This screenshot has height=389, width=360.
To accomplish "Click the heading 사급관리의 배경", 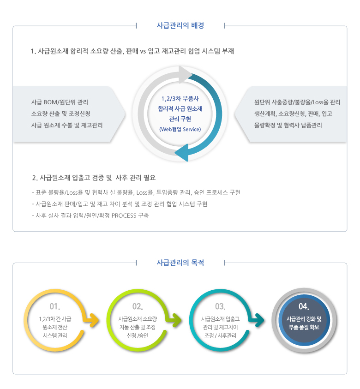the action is click(x=180, y=25).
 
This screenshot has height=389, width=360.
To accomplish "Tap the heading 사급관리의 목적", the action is click(x=180, y=263).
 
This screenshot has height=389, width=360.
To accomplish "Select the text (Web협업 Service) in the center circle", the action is click(x=180, y=129).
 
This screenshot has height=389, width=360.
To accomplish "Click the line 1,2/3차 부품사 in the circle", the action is click(x=180, y=99).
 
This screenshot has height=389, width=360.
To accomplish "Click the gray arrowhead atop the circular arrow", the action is click(x=185, y=74).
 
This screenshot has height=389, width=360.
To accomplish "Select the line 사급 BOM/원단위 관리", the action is click(x=60, y=102).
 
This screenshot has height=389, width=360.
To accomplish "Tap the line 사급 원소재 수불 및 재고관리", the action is click(x=67, y=125).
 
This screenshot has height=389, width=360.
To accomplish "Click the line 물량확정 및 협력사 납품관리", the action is click(x=288, y=125).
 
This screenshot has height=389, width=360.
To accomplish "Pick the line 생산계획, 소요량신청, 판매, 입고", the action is click(x=293, y=114).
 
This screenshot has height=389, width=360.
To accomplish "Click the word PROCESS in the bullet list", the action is click(x=124, y=215).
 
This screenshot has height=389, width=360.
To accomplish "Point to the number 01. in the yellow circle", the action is click(x=55, y=306).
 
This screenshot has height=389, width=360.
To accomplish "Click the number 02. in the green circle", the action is click(x=138, y=306).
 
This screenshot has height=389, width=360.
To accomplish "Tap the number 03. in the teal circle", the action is click(x=220, y=306).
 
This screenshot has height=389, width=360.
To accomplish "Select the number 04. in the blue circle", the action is click(x=304, y=306).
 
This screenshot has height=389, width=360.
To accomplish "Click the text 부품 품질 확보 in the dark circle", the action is click(x=304, y=327).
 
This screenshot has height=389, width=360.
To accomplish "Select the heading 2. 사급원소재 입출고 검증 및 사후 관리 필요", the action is click(x=94, y=178).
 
